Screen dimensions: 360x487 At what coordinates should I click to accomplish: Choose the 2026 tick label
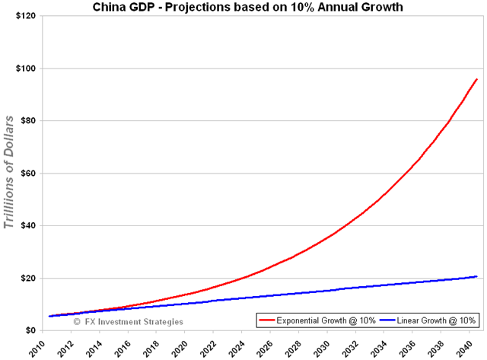click(264, 346)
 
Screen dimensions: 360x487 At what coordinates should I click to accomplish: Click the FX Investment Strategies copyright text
click(128, 321)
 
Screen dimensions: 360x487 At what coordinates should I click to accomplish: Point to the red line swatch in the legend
click(267, 320)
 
